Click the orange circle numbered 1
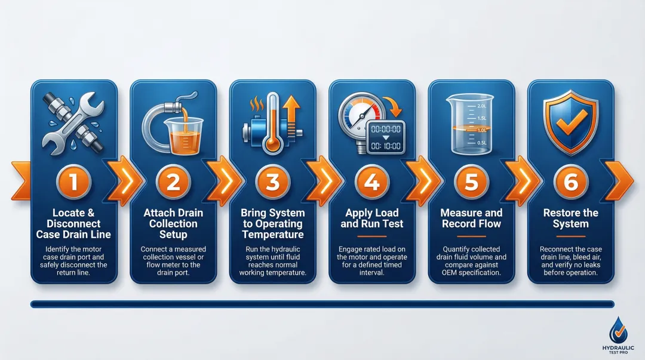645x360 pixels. (x=73, y=181)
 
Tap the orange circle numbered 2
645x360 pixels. (x=173, y=181)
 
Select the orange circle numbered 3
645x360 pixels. (x=272, y=181)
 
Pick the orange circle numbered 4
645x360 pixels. (x=371, y=181)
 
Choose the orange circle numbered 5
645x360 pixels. (x=471, y=181)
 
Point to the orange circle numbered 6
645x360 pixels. (x=570, y=181)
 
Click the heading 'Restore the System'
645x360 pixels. (x=570, y=219)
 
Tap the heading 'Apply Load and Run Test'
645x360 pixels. (x=371, y=219)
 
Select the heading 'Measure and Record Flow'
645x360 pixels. (x=471, y=219)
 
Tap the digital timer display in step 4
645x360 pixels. (x=385, y=137)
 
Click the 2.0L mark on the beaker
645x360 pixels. (x=481, y=106)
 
